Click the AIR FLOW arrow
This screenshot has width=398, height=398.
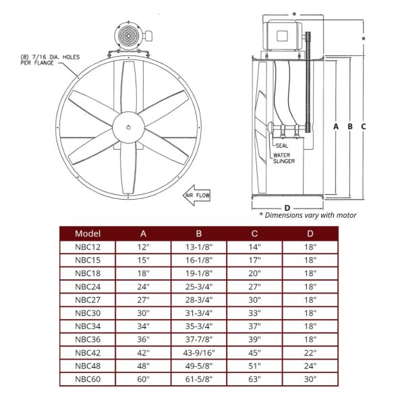(198, 196)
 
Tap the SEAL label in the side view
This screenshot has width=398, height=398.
(281, 146)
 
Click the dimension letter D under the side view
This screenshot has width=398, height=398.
(287, 207)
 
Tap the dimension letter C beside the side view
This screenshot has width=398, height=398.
(363, 126)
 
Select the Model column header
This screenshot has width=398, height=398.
(88, 233)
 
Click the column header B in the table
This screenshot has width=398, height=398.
(198, 233)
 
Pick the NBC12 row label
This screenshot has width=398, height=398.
(88, 248)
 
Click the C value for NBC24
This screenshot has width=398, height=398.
(254, 286)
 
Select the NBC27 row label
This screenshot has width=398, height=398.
(88, 299)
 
